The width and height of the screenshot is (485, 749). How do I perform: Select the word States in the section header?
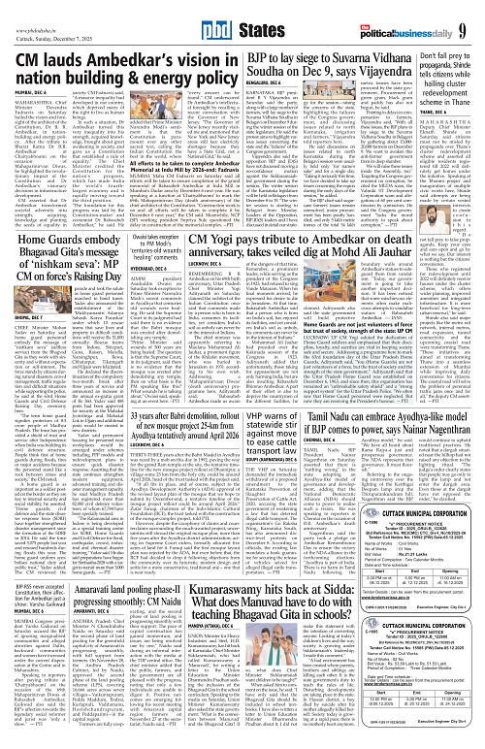coord(263,17)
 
